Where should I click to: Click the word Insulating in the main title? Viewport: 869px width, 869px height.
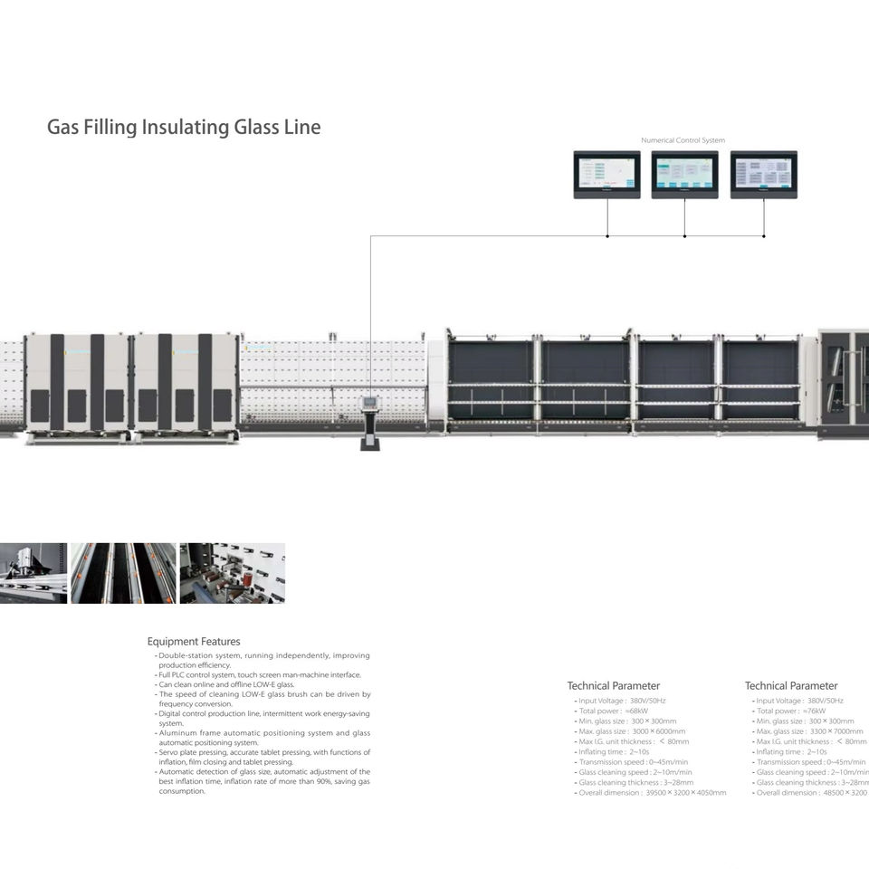[x=186, y=127]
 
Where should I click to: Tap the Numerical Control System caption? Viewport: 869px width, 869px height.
[x=683, y=140]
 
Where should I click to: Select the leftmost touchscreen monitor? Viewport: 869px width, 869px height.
[x=606, y=174]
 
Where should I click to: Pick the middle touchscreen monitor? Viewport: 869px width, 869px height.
[x=684, y=174]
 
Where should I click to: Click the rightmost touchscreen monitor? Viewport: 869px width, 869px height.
[x=763, y=174]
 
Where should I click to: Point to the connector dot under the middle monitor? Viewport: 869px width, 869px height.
[x=684, y=236]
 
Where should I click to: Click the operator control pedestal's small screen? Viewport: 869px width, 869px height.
[x=369, y=402]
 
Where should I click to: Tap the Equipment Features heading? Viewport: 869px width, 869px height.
[x=194, y=642]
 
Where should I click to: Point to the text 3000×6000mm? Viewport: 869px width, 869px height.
[x=658, y=731]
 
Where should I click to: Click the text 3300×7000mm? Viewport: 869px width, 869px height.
[x=836, y=731]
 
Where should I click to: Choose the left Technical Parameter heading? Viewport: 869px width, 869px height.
[x=614, y=686]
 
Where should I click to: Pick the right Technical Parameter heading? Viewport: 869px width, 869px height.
[x=791, y=686]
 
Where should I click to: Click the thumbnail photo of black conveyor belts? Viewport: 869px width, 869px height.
[x=123, y=573]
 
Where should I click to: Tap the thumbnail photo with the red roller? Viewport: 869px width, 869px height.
[x=232, y=573]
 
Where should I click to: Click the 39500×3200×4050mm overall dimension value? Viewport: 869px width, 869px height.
[x=685, y=793]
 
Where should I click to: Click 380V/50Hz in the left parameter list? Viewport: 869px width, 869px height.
[x=647, y=701]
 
